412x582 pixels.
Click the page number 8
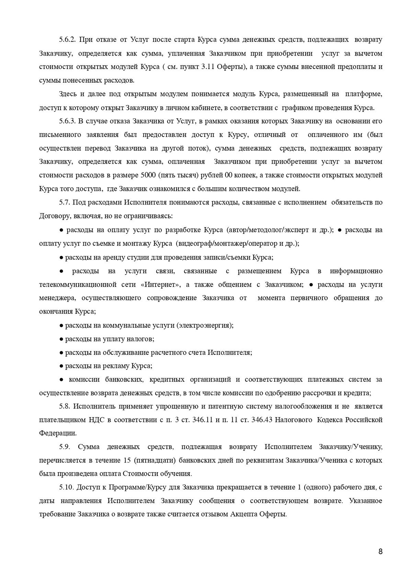coord(380,552)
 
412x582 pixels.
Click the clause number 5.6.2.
coord(67,39)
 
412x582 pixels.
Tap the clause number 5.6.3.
coord(67,121)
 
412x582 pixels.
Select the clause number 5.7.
coord(65,202)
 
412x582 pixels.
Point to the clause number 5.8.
coord(65,406)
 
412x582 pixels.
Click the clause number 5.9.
coord(65,447)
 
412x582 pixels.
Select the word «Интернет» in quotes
coord(159,284)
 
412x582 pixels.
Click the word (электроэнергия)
coord(205,325)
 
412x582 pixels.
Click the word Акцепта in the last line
coord(244,515)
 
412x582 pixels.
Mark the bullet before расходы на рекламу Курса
coord(61,366)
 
